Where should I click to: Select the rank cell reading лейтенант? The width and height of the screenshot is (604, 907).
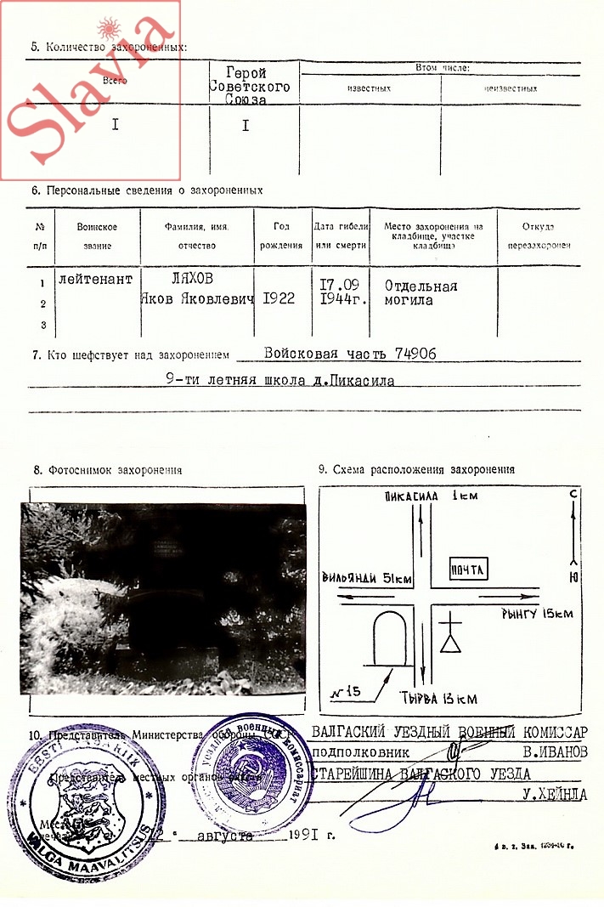pos(96,278)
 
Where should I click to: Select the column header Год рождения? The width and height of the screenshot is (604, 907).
pos(282,235)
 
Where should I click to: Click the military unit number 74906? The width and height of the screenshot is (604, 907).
pos(408,354)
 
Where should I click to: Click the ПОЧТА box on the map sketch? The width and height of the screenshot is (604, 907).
pos(468,570)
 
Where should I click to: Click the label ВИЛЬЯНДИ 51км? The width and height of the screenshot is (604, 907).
pos(367,578)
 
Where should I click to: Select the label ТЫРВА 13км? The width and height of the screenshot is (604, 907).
pos(437,699)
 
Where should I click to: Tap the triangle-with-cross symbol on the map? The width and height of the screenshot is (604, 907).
pos(449,637)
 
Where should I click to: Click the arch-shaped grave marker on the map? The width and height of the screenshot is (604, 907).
pos(392,638)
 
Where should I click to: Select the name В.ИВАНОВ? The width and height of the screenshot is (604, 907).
pos(556,751)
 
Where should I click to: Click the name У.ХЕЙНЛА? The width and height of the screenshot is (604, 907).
pos(556,796)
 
